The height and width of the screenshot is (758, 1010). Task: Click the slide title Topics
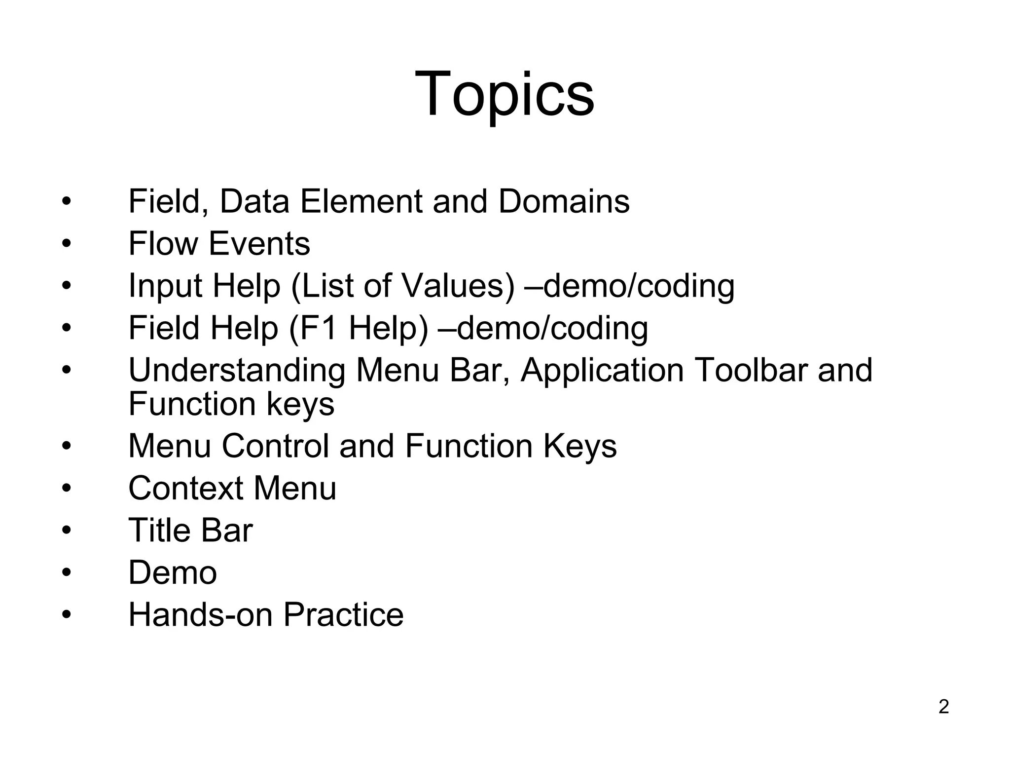tap(505, 94)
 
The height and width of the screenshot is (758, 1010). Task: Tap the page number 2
tap(943, 707)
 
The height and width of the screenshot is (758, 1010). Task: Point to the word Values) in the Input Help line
tap(459, 286)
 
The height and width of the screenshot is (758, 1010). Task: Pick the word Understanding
tap(237, 371)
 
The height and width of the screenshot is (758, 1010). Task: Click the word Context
tap(186, 489)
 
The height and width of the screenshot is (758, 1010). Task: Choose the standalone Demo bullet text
tap(173, 573)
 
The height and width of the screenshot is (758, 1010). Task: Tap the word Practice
tap(343, 615)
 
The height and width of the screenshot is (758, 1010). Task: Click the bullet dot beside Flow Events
tap(67, 244)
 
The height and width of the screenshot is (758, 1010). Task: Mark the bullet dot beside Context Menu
tap(67, 489)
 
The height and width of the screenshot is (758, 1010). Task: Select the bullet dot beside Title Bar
tap(67, 531)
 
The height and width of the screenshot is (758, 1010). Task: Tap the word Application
tap(602, 371)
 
